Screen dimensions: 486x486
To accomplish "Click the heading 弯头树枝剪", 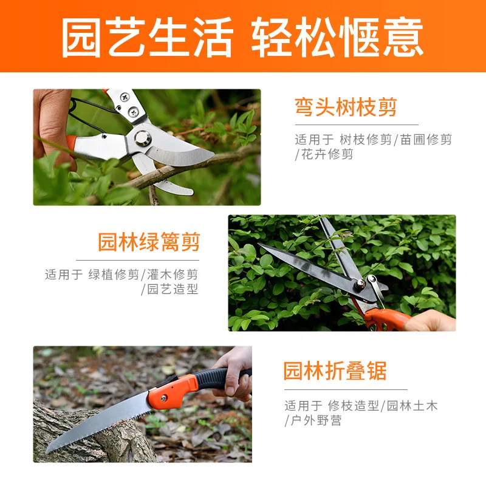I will click(x=346, y=108).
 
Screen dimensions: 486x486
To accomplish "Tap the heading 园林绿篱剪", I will click(x=149, y=242).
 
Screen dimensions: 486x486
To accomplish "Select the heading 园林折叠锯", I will click(x=335, y=370).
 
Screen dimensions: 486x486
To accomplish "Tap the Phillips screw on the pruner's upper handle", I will click(x=125, y=96).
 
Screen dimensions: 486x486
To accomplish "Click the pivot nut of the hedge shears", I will click(x=361, y=282).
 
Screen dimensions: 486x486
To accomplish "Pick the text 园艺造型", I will click(x=173, y=289).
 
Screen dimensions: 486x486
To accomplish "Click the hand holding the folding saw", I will click(x=234, y=374).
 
